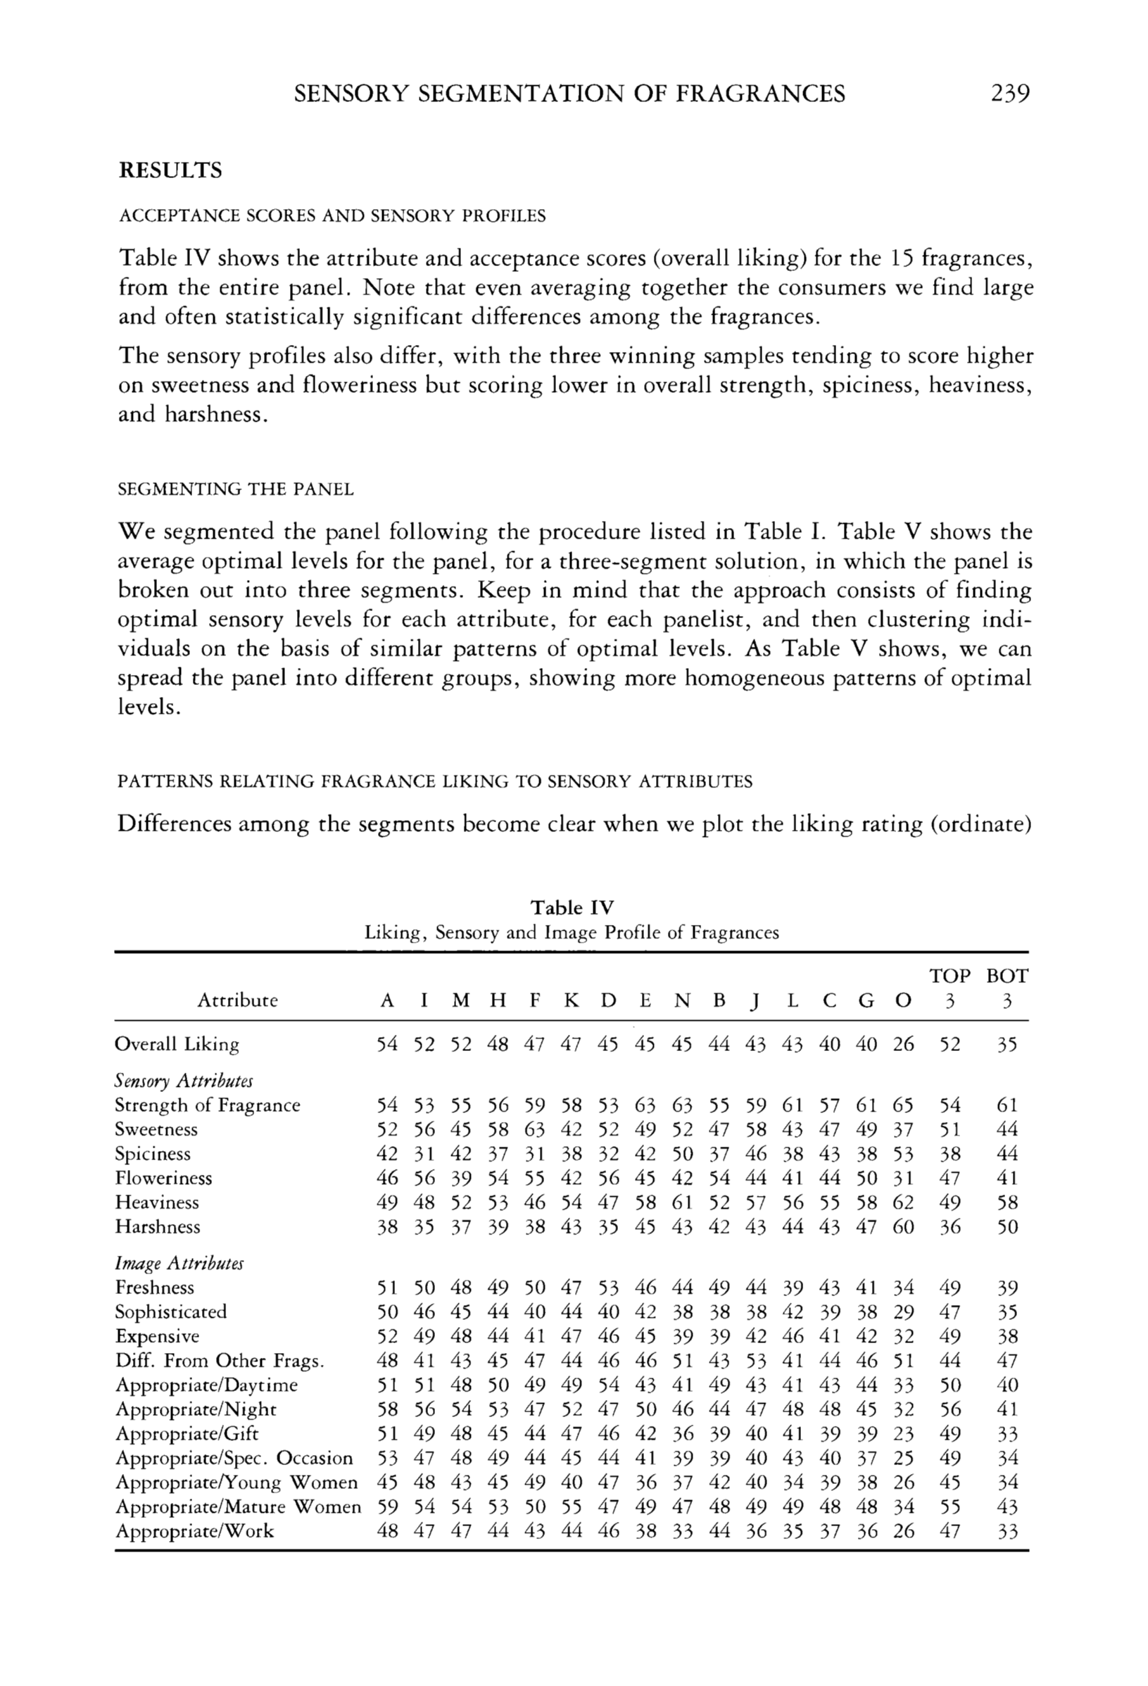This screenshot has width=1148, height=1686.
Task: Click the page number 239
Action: click(1009, 94)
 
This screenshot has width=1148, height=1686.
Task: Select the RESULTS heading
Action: click(170, 170)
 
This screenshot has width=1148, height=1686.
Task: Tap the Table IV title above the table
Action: click(572, 907)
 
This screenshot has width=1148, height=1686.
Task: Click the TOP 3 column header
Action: click(950, 988)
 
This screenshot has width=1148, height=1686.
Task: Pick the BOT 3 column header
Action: click(1007, 988)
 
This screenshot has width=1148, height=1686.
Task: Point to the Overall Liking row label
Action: click(177, 1044)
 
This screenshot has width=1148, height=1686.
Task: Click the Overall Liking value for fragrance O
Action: click(903, 1044)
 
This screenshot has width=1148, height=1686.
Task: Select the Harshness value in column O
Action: click(903, 1227)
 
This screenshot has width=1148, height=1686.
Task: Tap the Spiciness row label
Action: click(152, 1154)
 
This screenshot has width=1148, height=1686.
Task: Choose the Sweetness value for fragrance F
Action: click(534, 1130)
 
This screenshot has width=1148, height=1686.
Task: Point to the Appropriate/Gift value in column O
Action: click(903, 1433)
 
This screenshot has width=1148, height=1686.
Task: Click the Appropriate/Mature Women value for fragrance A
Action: click(388, 1506)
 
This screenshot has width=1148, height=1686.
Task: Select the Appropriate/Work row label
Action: click(194, 1530)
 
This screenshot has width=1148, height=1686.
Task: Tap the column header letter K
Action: click(572, 1000)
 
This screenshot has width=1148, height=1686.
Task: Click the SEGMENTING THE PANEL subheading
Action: click(236, 490)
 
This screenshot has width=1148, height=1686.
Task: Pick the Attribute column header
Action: click(237, 1000)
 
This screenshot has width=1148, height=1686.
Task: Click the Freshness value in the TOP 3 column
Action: click(950, 1288)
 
